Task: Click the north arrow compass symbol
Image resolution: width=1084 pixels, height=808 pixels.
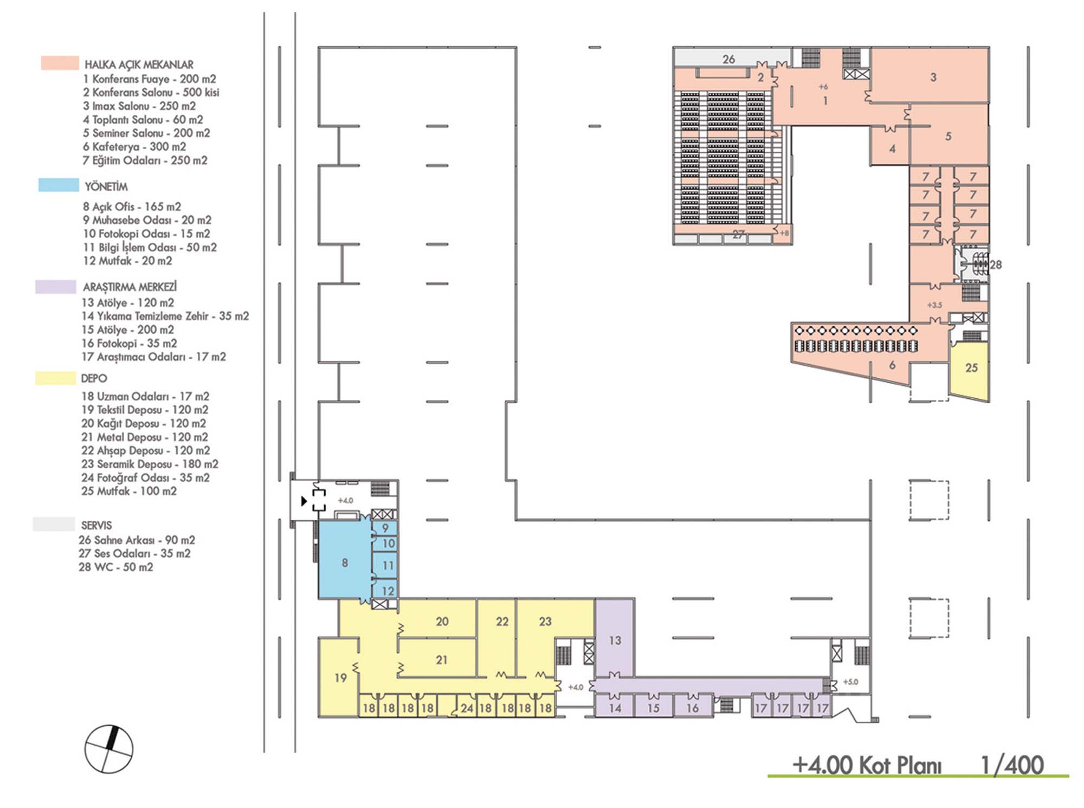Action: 109,749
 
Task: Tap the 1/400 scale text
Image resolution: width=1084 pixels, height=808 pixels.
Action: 1012,765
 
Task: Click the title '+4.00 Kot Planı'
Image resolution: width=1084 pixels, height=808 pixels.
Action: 867,765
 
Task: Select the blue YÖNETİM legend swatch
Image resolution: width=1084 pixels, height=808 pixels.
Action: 59,185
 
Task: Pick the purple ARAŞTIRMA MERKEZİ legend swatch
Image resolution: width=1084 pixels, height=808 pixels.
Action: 55,287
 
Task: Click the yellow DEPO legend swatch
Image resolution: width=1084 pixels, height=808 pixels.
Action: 55,378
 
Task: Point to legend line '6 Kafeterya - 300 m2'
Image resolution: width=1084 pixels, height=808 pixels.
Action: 134,147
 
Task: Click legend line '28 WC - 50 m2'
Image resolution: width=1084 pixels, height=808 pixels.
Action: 116,567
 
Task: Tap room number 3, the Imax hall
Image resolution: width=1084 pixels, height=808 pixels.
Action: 933,77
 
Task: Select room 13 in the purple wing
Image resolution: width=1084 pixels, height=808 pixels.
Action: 615,641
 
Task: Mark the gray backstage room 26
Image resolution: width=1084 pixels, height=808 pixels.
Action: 728,59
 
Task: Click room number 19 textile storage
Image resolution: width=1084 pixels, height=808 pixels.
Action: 340,677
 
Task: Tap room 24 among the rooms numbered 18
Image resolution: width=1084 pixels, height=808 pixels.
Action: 467,708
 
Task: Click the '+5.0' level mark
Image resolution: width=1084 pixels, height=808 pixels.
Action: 851,682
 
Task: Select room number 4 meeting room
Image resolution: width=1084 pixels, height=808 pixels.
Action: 892,148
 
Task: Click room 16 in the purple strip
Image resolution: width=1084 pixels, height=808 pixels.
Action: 693,708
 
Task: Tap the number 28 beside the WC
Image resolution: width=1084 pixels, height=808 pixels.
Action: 996,265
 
